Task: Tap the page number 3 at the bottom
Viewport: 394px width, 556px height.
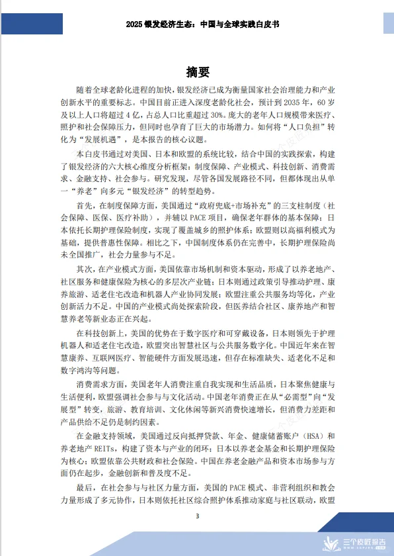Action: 197,516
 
